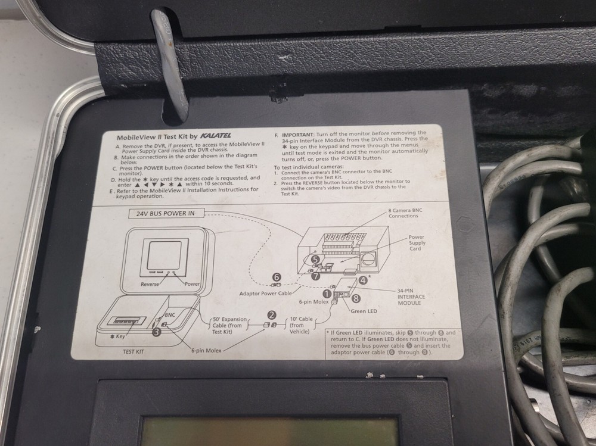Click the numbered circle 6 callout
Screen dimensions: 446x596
click(x=276, y=277)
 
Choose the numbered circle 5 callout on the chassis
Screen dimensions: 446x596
click(x=315, y=260)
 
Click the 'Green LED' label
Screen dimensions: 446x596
click(x=366, y=311)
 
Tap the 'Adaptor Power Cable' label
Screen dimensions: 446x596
click(x=266, y=294)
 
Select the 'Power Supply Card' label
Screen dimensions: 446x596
click(x=416, y=243)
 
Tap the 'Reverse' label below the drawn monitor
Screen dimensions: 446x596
click(x=150, y=284)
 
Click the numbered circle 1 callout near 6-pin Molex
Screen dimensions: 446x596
click(x=326, y=292)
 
